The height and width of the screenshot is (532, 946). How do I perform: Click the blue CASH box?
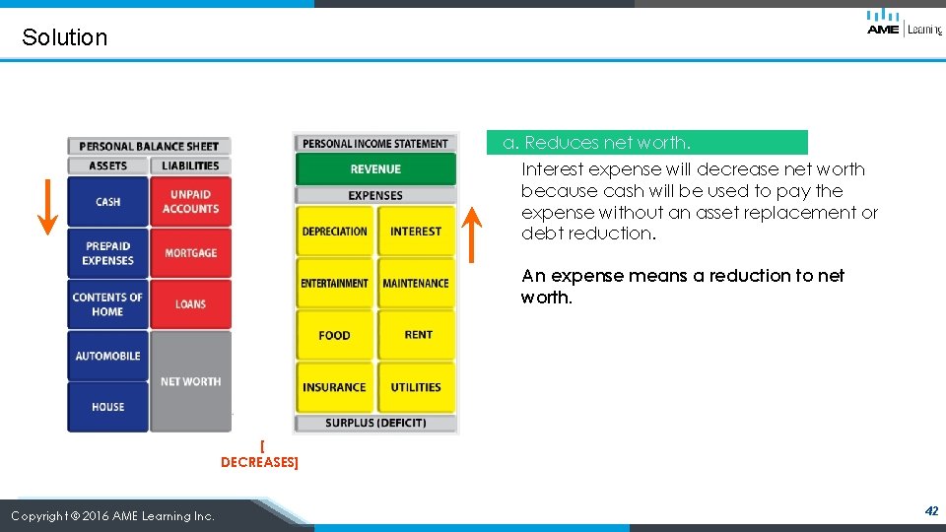point(107,202)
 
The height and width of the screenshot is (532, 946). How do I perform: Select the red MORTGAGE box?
point(190,253)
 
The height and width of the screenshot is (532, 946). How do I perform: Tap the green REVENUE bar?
point(375,169)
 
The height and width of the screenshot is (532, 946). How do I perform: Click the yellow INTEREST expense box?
point(416,232)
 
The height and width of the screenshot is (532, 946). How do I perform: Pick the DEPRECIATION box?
point(335,232)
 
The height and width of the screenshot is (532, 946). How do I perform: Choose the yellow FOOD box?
point(335,335)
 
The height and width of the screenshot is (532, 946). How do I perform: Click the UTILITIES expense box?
point(416,387)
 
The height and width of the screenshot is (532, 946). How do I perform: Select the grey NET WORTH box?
point(190,381)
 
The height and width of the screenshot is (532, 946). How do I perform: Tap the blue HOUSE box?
point(107,407)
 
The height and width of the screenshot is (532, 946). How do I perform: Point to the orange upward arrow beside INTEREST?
point(473,233)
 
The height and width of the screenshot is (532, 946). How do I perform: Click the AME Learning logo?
point(903,23)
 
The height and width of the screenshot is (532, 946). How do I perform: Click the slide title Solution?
point(64,37)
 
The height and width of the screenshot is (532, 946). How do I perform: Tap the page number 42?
point(931,511)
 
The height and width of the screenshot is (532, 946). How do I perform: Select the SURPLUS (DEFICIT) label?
point(375,424)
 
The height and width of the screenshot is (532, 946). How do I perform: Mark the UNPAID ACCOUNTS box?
point(190,202)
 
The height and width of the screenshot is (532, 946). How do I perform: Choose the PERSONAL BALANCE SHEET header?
point(149,146)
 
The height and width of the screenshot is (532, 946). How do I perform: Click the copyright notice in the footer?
point(112,515)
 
